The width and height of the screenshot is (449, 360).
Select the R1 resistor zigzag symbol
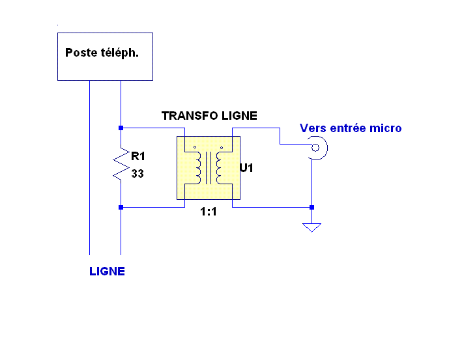tap(121, 165)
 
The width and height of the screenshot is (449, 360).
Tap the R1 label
tap(138, 156)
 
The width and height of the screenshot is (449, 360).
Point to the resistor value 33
tap(138, 174)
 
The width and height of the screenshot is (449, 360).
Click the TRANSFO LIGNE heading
tap(209, 116)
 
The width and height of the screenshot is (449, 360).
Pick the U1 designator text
tap(246, 168)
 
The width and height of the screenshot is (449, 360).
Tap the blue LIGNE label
tap(107, 271)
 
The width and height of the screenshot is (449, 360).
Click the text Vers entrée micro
tap(351, 128)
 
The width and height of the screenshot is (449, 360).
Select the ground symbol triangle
tap(312, 227)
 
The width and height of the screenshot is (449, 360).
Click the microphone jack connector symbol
tap(317, 148)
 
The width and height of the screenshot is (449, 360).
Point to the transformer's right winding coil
tap(220, 168)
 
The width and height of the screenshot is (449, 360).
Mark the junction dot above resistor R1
tap(121, 128)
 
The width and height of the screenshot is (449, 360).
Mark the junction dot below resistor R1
tap(121, 208)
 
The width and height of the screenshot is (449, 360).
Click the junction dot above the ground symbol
tap(312, 208)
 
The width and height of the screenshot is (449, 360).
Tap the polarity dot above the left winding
tap(195, 148)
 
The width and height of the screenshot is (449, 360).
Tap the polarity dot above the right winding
tap(222, 148)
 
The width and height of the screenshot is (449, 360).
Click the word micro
tap(386, 128)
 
